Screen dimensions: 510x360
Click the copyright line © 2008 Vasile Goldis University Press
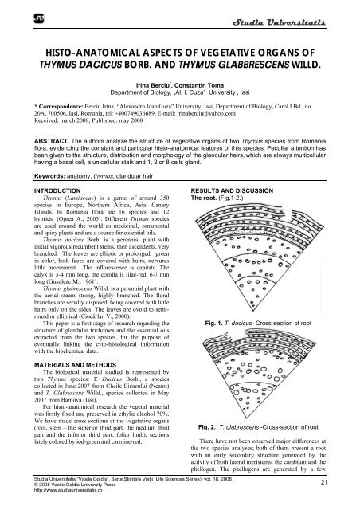pos(63,493)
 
